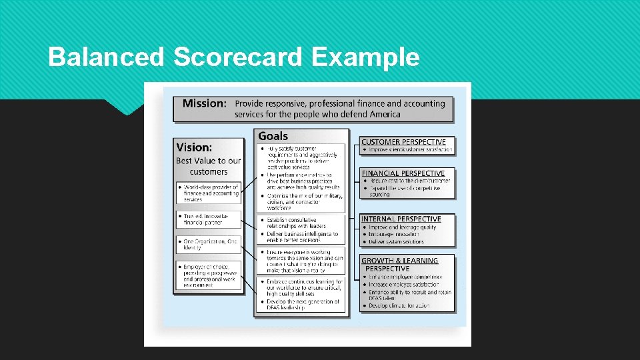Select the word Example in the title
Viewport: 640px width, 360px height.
click(365, 57)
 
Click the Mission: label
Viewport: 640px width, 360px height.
click(204, 103)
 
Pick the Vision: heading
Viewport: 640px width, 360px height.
click(194, 147)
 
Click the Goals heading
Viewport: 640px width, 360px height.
click(273, 136)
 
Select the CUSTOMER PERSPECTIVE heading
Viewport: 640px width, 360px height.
click(403, 141)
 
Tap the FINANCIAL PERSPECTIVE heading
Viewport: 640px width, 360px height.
click(403, 173)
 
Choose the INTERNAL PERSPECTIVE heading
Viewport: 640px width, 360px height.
click(401, 219)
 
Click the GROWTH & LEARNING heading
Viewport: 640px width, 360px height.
click(399, 261)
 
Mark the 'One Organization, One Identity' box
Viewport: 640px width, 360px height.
click(210, 244)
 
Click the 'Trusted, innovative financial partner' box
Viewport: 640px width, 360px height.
click(210, 220)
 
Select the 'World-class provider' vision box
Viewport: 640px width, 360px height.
click(210, 193)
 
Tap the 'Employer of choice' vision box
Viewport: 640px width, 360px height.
click(210, 275)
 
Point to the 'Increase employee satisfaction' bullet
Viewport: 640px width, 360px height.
click(404, 285)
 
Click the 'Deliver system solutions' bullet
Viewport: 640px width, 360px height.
click(395, 242)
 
